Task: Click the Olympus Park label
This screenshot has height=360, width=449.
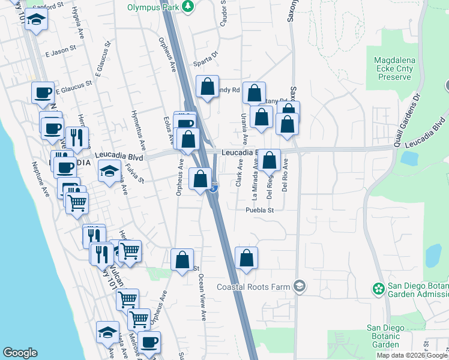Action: (x=154, y=7)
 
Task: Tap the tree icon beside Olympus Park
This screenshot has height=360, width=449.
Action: (x=189, y=6)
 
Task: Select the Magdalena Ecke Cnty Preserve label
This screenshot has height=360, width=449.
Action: (x=400, y=69)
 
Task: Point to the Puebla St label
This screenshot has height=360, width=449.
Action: (x=259, y=210)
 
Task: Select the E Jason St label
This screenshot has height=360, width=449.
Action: (x=61, y=52)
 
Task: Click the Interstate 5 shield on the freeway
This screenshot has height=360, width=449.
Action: (x=214, y=188)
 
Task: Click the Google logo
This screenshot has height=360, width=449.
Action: (x=20, y=353)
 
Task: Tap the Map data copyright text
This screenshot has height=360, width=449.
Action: (x=411, y=355)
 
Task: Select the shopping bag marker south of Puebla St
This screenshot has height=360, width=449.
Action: (x=246, y=259)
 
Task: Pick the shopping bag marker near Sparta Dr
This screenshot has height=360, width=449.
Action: (x=207, y=87)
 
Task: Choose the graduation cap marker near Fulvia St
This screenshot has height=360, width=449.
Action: (x=110, y=172)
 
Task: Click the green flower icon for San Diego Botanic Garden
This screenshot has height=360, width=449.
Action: (x=378, y=289)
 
